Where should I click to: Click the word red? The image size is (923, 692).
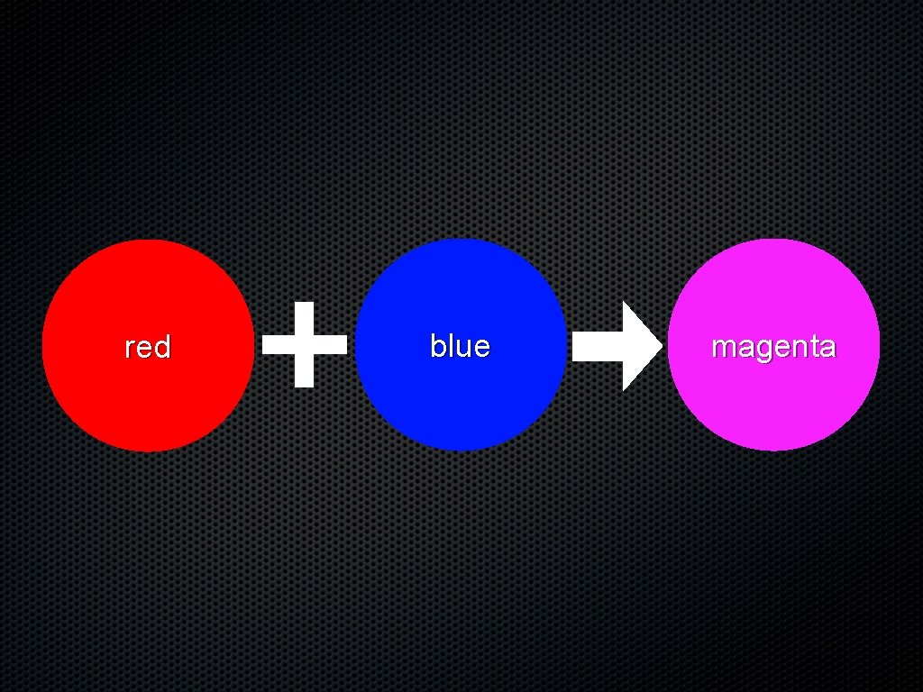coord(148,347)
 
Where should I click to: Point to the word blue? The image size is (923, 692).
coord(460,346)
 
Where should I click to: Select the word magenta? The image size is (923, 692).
coord(773,347)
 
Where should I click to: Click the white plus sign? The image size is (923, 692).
coord(305,344)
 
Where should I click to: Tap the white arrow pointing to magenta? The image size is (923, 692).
coord(617,347)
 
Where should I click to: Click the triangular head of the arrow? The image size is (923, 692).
coord(640,347)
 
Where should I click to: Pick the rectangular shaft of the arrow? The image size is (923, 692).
coord(597,347)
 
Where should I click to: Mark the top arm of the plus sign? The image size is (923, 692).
coord(305,317)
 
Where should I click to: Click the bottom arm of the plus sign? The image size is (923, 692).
coord(305,371)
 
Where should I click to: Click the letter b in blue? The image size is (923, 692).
coord(437,346)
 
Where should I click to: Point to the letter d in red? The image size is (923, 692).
coord(162,347)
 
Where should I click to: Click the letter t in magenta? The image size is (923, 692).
coord(812,347)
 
